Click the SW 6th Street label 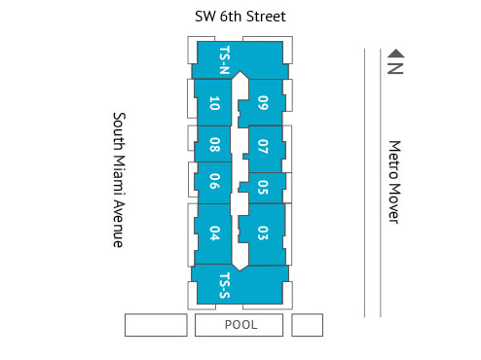click(240, 18)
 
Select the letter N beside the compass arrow click(394, 67)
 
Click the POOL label click(240, 325)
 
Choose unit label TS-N click(224, 60)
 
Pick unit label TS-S click(224, 283)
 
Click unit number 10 click(213, 103)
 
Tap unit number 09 click(263, 103)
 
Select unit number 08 click(213, 146)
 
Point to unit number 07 click(263, 147)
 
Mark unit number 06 click(213, 180)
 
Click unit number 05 click(263, 187)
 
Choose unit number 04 click(213, 233)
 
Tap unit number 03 click(263, 233)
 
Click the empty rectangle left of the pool click(156, 325)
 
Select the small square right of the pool click(307, 325)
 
